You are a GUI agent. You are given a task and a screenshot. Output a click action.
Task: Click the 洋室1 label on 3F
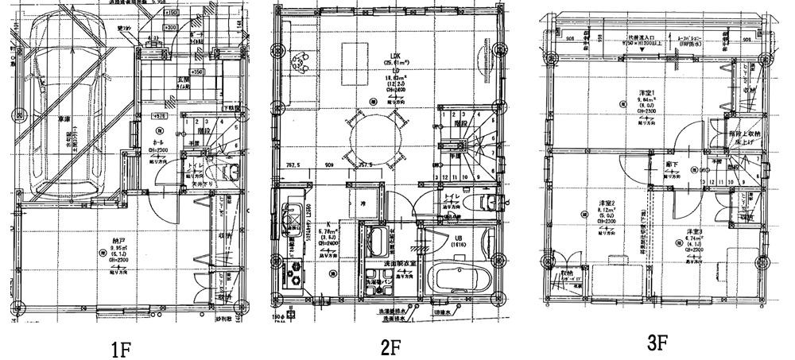click(x=646, y=93)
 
